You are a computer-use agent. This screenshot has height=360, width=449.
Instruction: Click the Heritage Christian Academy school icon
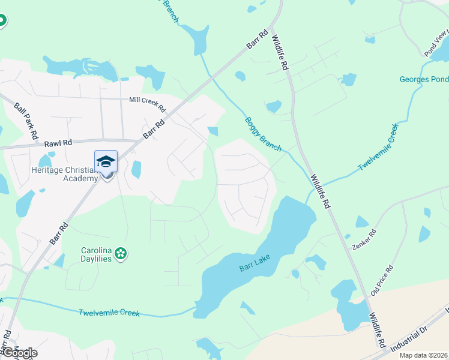click(106, 163)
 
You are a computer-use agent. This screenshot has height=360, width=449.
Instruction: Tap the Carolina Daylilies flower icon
click(121, 253)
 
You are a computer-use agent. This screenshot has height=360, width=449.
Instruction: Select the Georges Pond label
click(424, 79)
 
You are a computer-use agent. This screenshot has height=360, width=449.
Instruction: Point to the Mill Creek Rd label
click(147, 104)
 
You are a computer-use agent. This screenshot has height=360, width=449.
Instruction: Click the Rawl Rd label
click(58, 143)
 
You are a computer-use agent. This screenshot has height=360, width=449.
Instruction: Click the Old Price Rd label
click(381, 280)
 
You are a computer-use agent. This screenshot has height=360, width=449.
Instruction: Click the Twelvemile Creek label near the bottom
click(109, 313)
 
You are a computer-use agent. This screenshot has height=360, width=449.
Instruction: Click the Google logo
click(19, 353)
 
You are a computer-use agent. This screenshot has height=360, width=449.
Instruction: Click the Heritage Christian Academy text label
click(64, 174)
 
